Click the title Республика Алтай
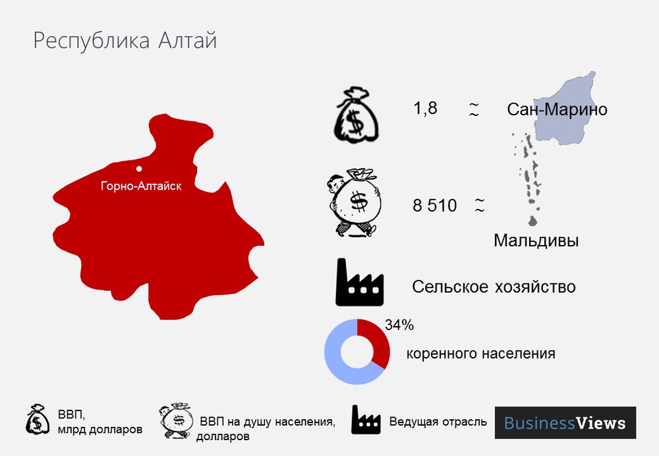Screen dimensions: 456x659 125,41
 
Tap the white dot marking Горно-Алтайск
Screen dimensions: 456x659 139,169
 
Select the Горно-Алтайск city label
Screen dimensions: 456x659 140,186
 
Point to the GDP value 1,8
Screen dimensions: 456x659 425,108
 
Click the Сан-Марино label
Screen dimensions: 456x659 557,109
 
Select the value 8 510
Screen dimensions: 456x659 434,206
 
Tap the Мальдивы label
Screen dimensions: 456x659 536,241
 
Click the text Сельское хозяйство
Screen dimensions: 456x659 494,287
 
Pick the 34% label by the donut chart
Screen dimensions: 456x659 399,324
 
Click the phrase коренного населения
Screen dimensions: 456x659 480,353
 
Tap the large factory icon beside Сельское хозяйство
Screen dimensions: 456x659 359,283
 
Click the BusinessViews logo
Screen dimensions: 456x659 565,422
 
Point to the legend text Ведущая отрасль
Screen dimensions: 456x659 438,422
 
